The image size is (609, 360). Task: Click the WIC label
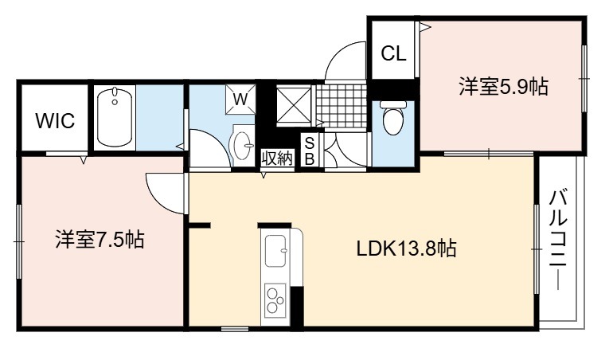point(55,120)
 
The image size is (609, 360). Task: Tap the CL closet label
point(393,53)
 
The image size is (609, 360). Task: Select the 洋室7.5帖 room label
point(100,240)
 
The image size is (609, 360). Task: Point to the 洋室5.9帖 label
point(504,87)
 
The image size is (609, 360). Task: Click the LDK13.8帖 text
point(406,248)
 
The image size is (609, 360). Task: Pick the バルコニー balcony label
point(558,240)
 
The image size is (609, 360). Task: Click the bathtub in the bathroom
point(115,117)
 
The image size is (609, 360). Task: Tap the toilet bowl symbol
point(393,118)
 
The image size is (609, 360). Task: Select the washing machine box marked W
point(240,99)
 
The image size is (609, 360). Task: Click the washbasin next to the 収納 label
point(241,146)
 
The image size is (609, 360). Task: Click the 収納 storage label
point(276,158)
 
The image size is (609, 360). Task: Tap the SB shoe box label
point(310,151)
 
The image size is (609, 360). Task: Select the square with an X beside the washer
point(294,105)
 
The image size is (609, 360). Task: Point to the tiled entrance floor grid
point(341,105)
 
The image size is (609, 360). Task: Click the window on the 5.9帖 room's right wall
point(584,79)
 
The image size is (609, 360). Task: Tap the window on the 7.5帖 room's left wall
point(18,242)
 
